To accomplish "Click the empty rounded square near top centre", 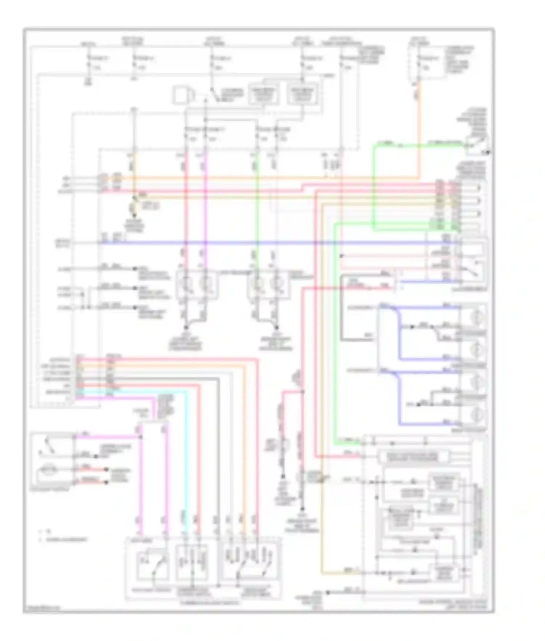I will pos(181,95).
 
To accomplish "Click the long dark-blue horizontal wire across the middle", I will pos(254,243).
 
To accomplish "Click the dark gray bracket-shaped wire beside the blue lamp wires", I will pos(342,309).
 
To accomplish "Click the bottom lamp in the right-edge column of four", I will pos(474,414).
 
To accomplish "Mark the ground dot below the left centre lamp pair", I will pos(186,327).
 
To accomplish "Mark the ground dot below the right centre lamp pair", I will pos(276,327).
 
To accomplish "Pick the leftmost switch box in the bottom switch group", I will pos(152,566).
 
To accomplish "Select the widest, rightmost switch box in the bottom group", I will pos(251,563).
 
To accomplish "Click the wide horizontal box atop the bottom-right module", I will pos(413,457).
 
